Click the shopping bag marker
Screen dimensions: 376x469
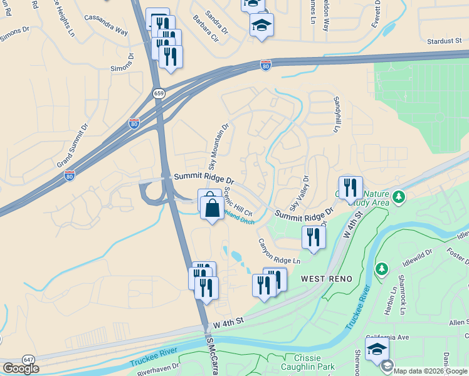click(x=213, y=206)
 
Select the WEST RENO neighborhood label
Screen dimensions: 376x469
click(x=326, y=278)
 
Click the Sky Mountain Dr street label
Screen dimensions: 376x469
click(x=219, y=146)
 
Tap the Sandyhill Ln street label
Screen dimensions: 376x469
click(x=337, y=113)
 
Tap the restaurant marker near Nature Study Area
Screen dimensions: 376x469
click(x=350, y=187)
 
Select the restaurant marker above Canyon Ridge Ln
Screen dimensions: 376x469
click(x=313, y=237)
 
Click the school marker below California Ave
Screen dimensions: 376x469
click(x=377, y=349)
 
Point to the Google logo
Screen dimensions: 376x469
click(x=21, y=368)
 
